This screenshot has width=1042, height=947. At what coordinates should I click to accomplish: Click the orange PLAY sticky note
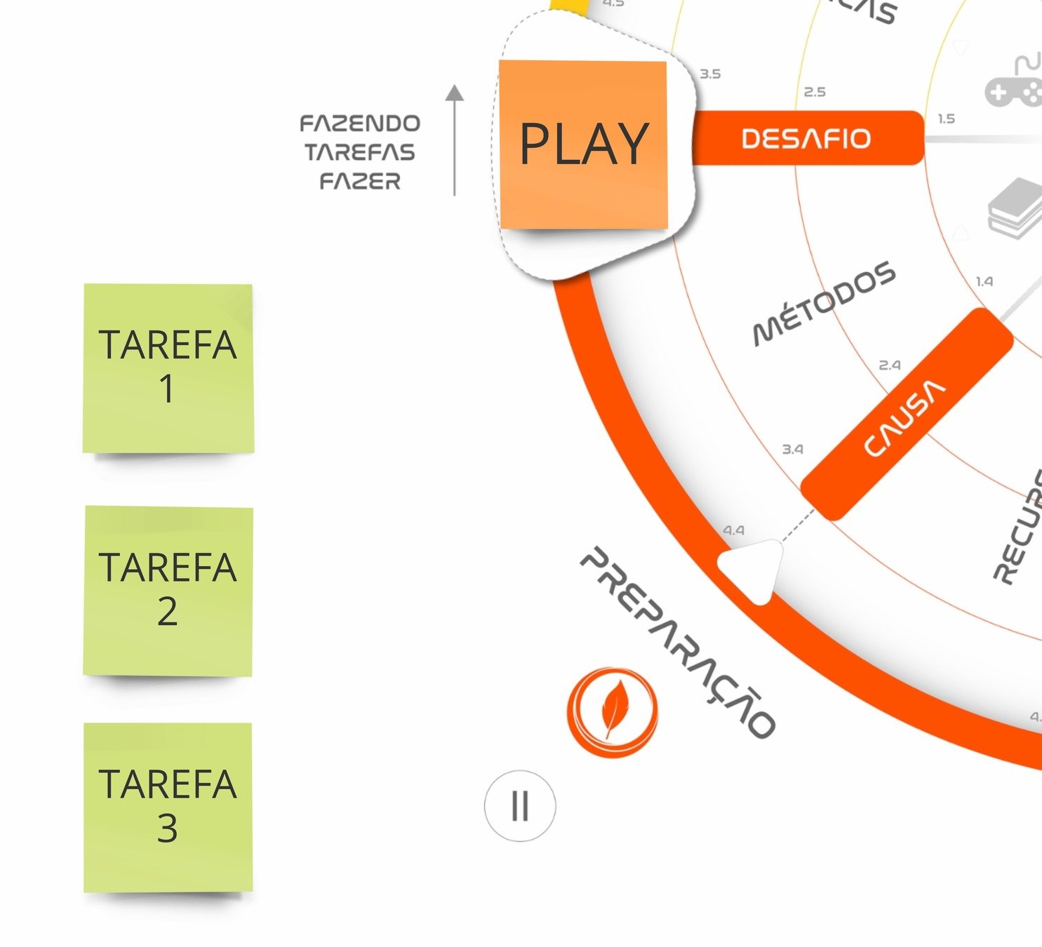coord(583,145)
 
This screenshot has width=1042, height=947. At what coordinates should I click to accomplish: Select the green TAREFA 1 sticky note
coord(168,368)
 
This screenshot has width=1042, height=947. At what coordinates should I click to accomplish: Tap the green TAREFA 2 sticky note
coord(168,591)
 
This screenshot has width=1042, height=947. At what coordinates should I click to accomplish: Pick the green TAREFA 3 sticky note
coord(168,807)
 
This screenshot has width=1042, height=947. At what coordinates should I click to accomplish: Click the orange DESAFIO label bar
coord(807,138)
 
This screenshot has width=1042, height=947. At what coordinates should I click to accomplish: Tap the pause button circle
coord(520,806)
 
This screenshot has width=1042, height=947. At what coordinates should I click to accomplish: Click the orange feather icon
coord(613,711)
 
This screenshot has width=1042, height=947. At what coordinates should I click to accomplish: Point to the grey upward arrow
coord(455,140)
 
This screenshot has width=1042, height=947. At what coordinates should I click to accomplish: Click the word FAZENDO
coord(360,124)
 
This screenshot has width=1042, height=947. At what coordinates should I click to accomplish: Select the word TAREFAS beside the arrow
coord(360,152)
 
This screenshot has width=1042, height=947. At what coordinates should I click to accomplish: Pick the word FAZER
coord(360,182)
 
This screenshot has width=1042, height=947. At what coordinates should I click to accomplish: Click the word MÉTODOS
coord(824,303)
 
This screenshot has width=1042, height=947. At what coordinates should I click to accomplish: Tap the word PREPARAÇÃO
coord(678,642)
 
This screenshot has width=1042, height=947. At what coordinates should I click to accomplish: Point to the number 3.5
coord(710,74)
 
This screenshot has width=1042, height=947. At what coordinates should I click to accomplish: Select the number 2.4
coord(890,365)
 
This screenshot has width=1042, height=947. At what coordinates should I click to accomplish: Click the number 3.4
coord(793,449)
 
